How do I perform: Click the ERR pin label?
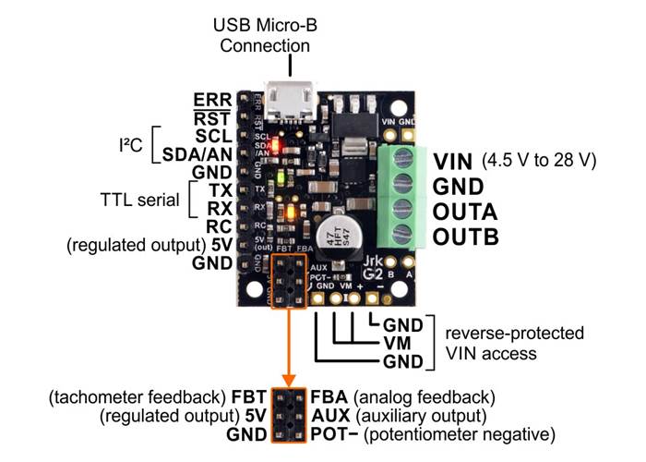[x=211, y=100]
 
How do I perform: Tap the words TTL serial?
[x=140, y=199]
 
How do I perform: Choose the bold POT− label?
[x=336, y=432]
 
